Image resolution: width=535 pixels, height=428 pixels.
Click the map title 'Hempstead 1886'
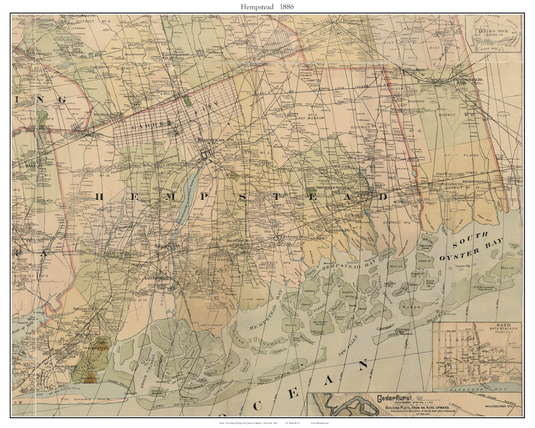coord(267,6)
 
